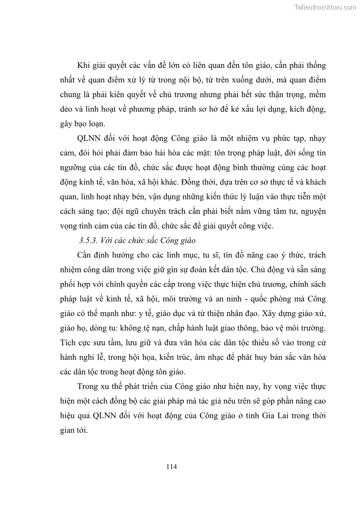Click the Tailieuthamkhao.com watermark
tap(326, 7)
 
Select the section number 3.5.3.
tap(89, 240)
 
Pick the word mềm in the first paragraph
tap(316, 94)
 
